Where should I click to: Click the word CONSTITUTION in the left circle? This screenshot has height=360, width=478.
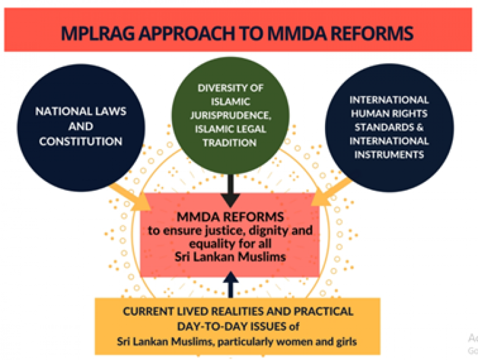click(x=80, y=141)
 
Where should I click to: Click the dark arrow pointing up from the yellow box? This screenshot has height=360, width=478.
click(x=231, y=285)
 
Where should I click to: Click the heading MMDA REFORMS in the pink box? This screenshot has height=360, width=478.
click(x=231, y=217)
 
